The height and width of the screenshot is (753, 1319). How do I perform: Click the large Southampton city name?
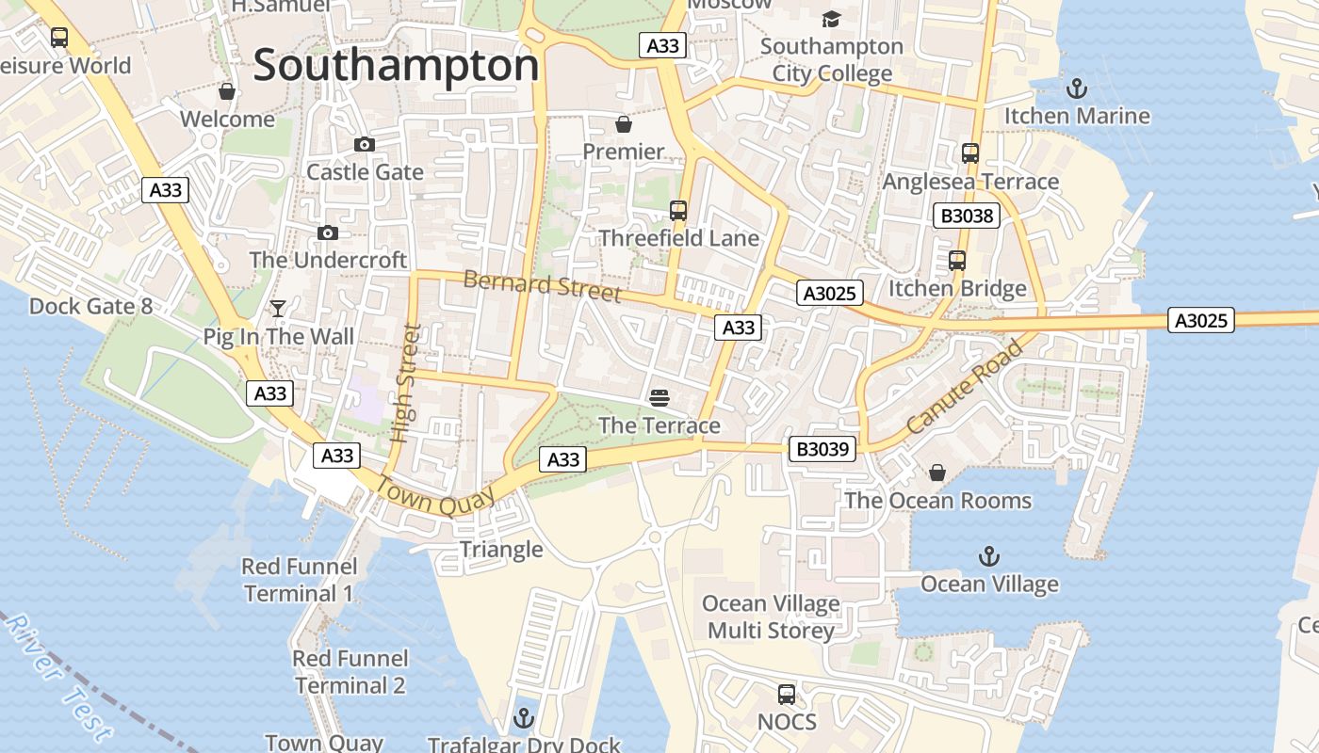tap(396, 66)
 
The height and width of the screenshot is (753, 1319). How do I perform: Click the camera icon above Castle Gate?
tap(364, 144)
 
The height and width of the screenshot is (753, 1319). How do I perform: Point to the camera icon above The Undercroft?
tap(328, 232)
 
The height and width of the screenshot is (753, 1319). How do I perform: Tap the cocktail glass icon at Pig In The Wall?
tap(278, 308)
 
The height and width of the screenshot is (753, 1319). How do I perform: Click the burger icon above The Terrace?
tap(659, 397)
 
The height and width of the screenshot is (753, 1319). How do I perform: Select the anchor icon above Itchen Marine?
tap(1076, 88)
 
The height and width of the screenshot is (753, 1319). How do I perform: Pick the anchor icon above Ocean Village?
tap(988, 556)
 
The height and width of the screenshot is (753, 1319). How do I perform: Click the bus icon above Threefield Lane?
tap(678, 210)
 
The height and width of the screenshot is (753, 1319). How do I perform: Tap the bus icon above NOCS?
tap(787, 695)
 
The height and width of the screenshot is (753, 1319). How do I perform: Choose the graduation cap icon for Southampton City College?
tap(831, 19)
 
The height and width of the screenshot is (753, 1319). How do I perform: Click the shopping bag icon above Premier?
tap(623, 124)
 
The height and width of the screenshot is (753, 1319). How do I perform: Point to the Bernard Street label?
tap(543, 286)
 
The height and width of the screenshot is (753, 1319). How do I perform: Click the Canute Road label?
tap(965, 388)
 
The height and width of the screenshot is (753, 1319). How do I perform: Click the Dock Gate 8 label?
tap(90, 306)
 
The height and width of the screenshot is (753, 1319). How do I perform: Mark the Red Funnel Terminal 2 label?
tap(350, 671)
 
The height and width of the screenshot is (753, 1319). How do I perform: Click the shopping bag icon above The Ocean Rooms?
tap(936, 472)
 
